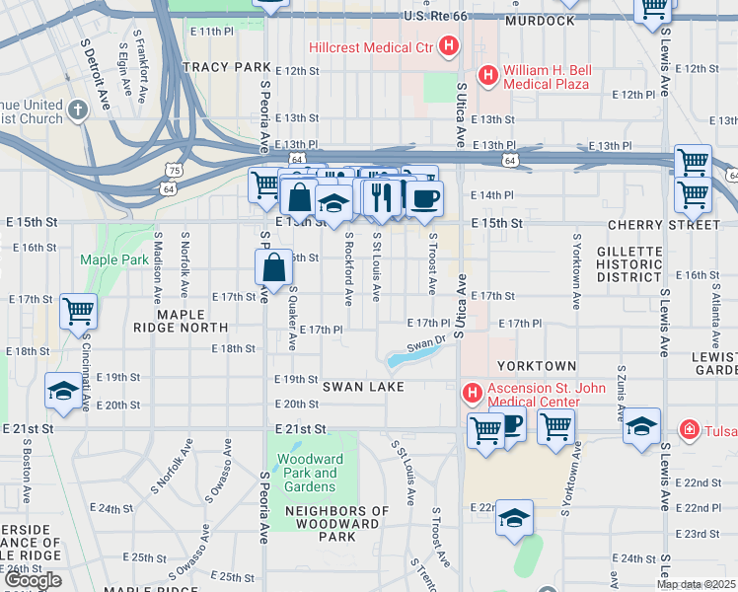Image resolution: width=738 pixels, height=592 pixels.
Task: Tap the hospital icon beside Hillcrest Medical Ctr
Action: (450, 45)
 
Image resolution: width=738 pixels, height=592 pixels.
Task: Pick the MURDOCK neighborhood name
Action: (539, 21)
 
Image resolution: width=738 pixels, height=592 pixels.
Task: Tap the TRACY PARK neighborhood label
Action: (226, 67)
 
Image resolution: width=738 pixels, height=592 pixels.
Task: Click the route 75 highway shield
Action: (173, 170)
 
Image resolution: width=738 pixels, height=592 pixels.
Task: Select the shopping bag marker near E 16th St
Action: (274, 266)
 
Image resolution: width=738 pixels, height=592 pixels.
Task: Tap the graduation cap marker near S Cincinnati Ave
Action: (63, 391)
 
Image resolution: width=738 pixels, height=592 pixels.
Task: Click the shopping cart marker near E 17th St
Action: (78, 311)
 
